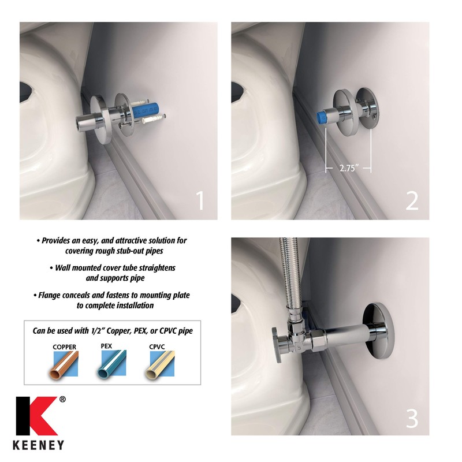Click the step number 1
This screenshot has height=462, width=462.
click(x=199, y=201)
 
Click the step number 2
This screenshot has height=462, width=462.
click(x=411, y=201)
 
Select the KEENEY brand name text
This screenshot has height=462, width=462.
click(x=40, y=445)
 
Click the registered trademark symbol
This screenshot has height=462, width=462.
click(x=62, y=398)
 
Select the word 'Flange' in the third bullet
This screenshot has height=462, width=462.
click(x=53, y=295)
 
